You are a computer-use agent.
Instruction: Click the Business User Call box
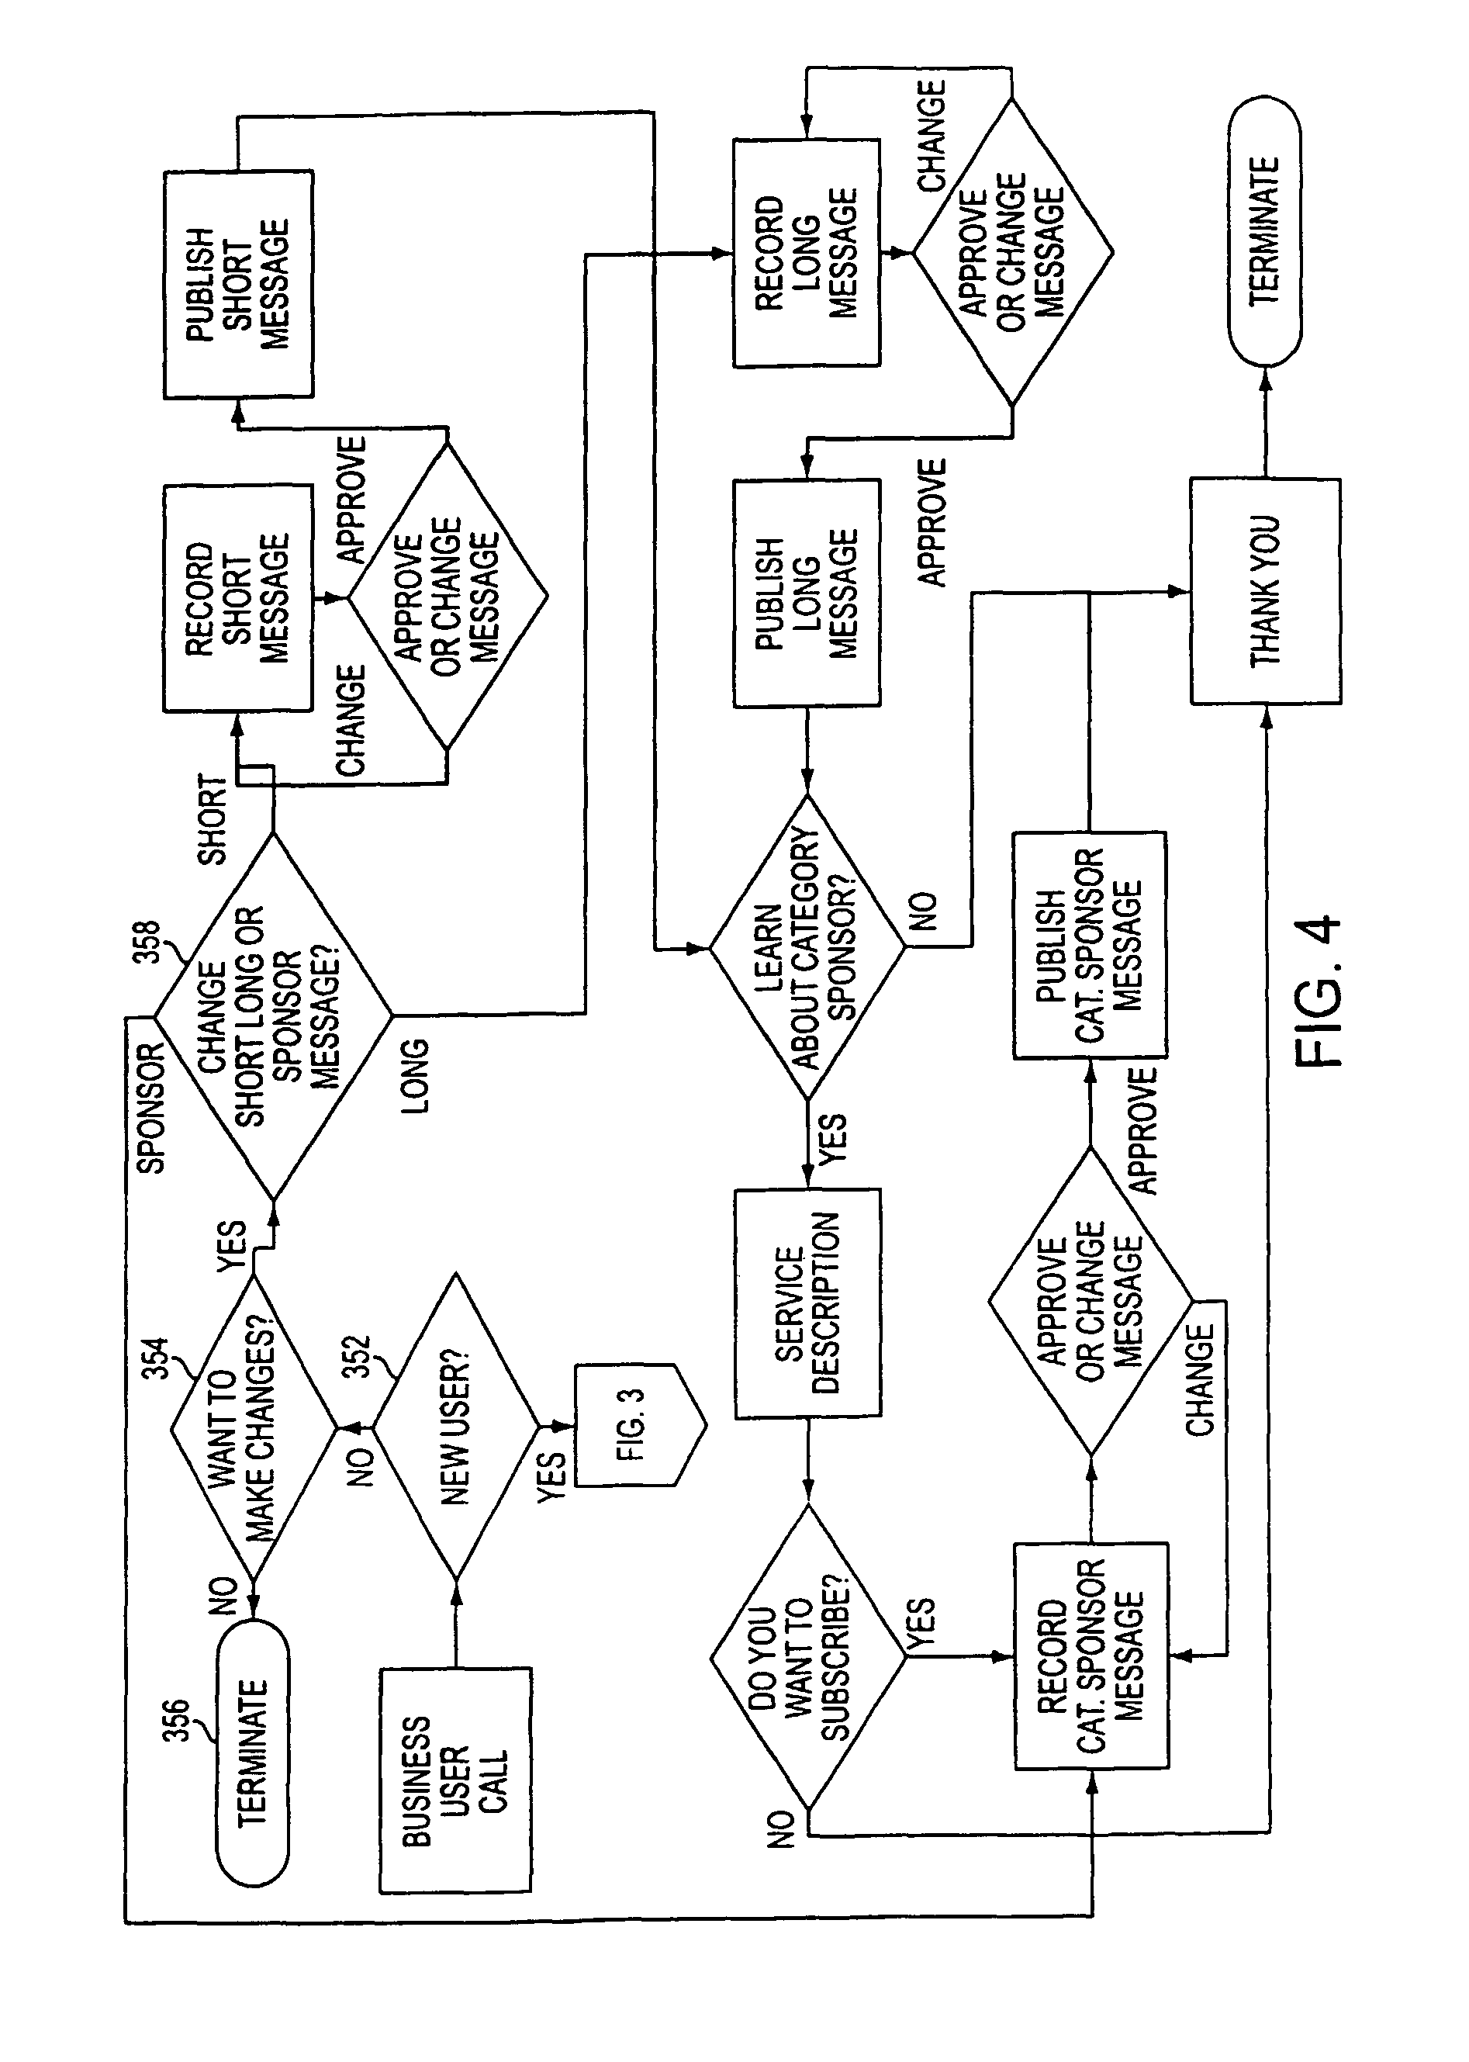[x=455, y=1780]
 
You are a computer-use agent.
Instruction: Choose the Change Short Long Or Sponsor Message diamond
[x=273, y=1015]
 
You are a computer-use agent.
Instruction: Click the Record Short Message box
[x=238, y=598]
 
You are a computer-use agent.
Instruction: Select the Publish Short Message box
[x=238, y=284]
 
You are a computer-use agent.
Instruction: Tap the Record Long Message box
[x=806, y=254]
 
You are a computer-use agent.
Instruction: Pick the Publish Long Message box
[x=806, y=593]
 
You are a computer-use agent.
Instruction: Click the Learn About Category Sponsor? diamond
[x=806, y=947]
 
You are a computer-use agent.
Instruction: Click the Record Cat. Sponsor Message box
[x=1091, y=1655]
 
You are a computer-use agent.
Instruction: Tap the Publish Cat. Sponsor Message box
[x=1089, y=946]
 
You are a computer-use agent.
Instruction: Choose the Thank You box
[x=1264, y=592]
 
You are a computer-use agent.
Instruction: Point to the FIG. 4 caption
[x=1321, y=991]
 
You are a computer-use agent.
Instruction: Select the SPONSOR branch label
[x=150, y=1109]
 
